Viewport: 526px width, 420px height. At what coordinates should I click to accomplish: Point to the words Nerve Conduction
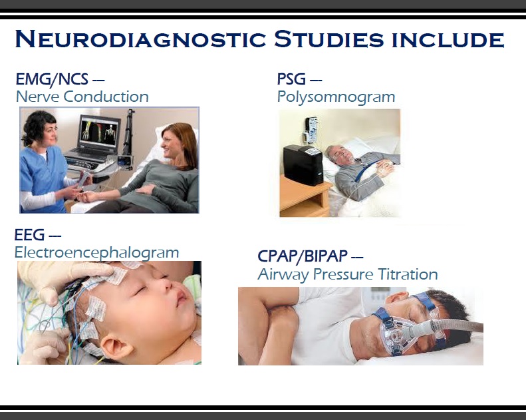82,97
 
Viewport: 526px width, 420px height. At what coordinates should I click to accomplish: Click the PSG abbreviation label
292,80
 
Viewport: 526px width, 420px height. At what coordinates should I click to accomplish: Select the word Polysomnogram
336,97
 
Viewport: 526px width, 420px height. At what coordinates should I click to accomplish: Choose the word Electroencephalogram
96,253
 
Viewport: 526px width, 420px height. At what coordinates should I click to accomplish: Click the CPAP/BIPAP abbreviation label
303,256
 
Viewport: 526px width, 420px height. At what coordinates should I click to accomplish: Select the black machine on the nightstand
303,163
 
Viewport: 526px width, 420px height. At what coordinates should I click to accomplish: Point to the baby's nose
174,300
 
